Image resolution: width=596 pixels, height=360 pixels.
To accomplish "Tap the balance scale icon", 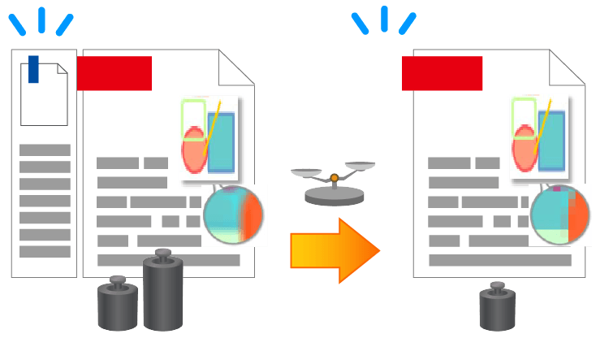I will (x=333, y=184).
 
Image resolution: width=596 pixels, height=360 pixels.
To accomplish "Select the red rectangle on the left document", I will (x=114, y=73).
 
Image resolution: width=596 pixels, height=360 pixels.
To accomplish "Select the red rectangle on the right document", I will (x=442, y=73).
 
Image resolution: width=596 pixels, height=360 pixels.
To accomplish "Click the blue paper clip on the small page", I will (x=33, y=68).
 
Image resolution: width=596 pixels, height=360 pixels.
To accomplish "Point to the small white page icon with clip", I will (x=44, y=94).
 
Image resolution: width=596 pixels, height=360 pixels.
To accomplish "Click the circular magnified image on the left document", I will (x=233, y=215).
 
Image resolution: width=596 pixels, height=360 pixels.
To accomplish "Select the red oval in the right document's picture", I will (x=524, y=149).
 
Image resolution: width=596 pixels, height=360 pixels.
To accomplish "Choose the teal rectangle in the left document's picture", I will (x=221, y=141).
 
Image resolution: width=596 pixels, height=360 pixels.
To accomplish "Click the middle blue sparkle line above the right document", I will (x=385, y=18).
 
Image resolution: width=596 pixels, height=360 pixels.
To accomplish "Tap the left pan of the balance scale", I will (x=307, y=173).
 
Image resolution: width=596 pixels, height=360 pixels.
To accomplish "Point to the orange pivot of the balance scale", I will (x=334, y=176).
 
